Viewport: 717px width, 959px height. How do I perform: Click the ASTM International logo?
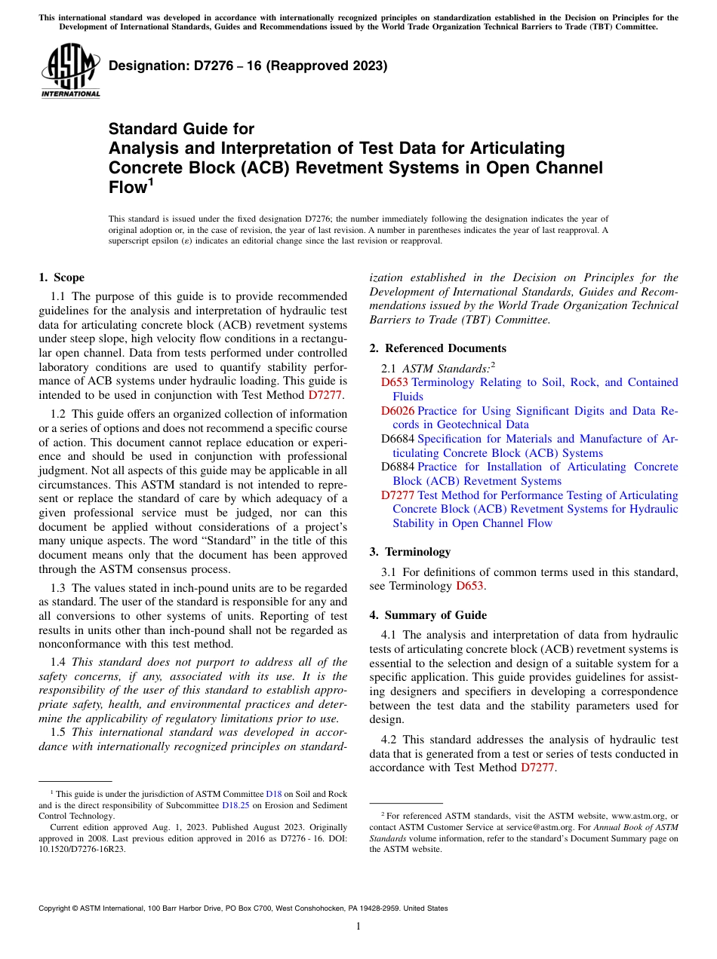(x=69, y=72)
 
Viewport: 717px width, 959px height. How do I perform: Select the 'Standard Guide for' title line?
(x=181, y=129)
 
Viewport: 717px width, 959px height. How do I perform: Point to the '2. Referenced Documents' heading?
(x=438, y=348)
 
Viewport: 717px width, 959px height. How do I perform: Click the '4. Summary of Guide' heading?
(x=428, y=615)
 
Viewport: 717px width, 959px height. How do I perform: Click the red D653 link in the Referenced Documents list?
(x=395, y=382)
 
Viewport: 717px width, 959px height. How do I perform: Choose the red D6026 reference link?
(x=398, y=411)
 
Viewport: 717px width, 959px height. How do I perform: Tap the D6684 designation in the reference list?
(x=398, y=439)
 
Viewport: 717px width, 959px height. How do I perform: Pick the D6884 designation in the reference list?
(x=398, y=467)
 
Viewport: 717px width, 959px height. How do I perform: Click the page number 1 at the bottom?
(x=358, y=927)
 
